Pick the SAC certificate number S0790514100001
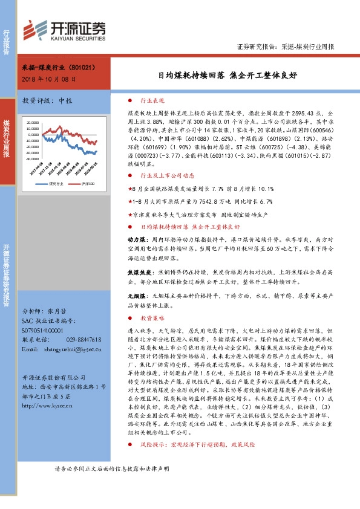[x=46, y=330]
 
